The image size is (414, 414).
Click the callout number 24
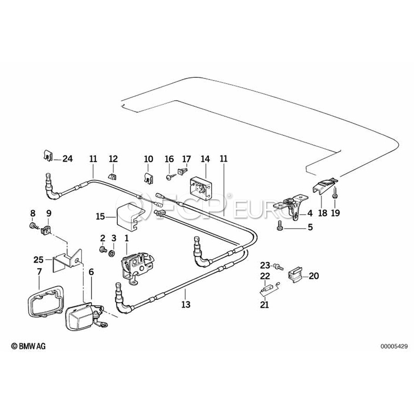[68, 159]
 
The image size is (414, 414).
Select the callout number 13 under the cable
[185, 304]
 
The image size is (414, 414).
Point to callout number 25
[38, 259]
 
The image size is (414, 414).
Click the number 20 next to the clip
[314, 276]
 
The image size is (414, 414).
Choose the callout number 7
[39, 272]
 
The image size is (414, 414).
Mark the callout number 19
[335, 213]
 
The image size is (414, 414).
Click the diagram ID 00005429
[393, 346]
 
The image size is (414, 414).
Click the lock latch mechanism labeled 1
[134, 267]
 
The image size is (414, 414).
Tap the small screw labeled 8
[32, 226]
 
